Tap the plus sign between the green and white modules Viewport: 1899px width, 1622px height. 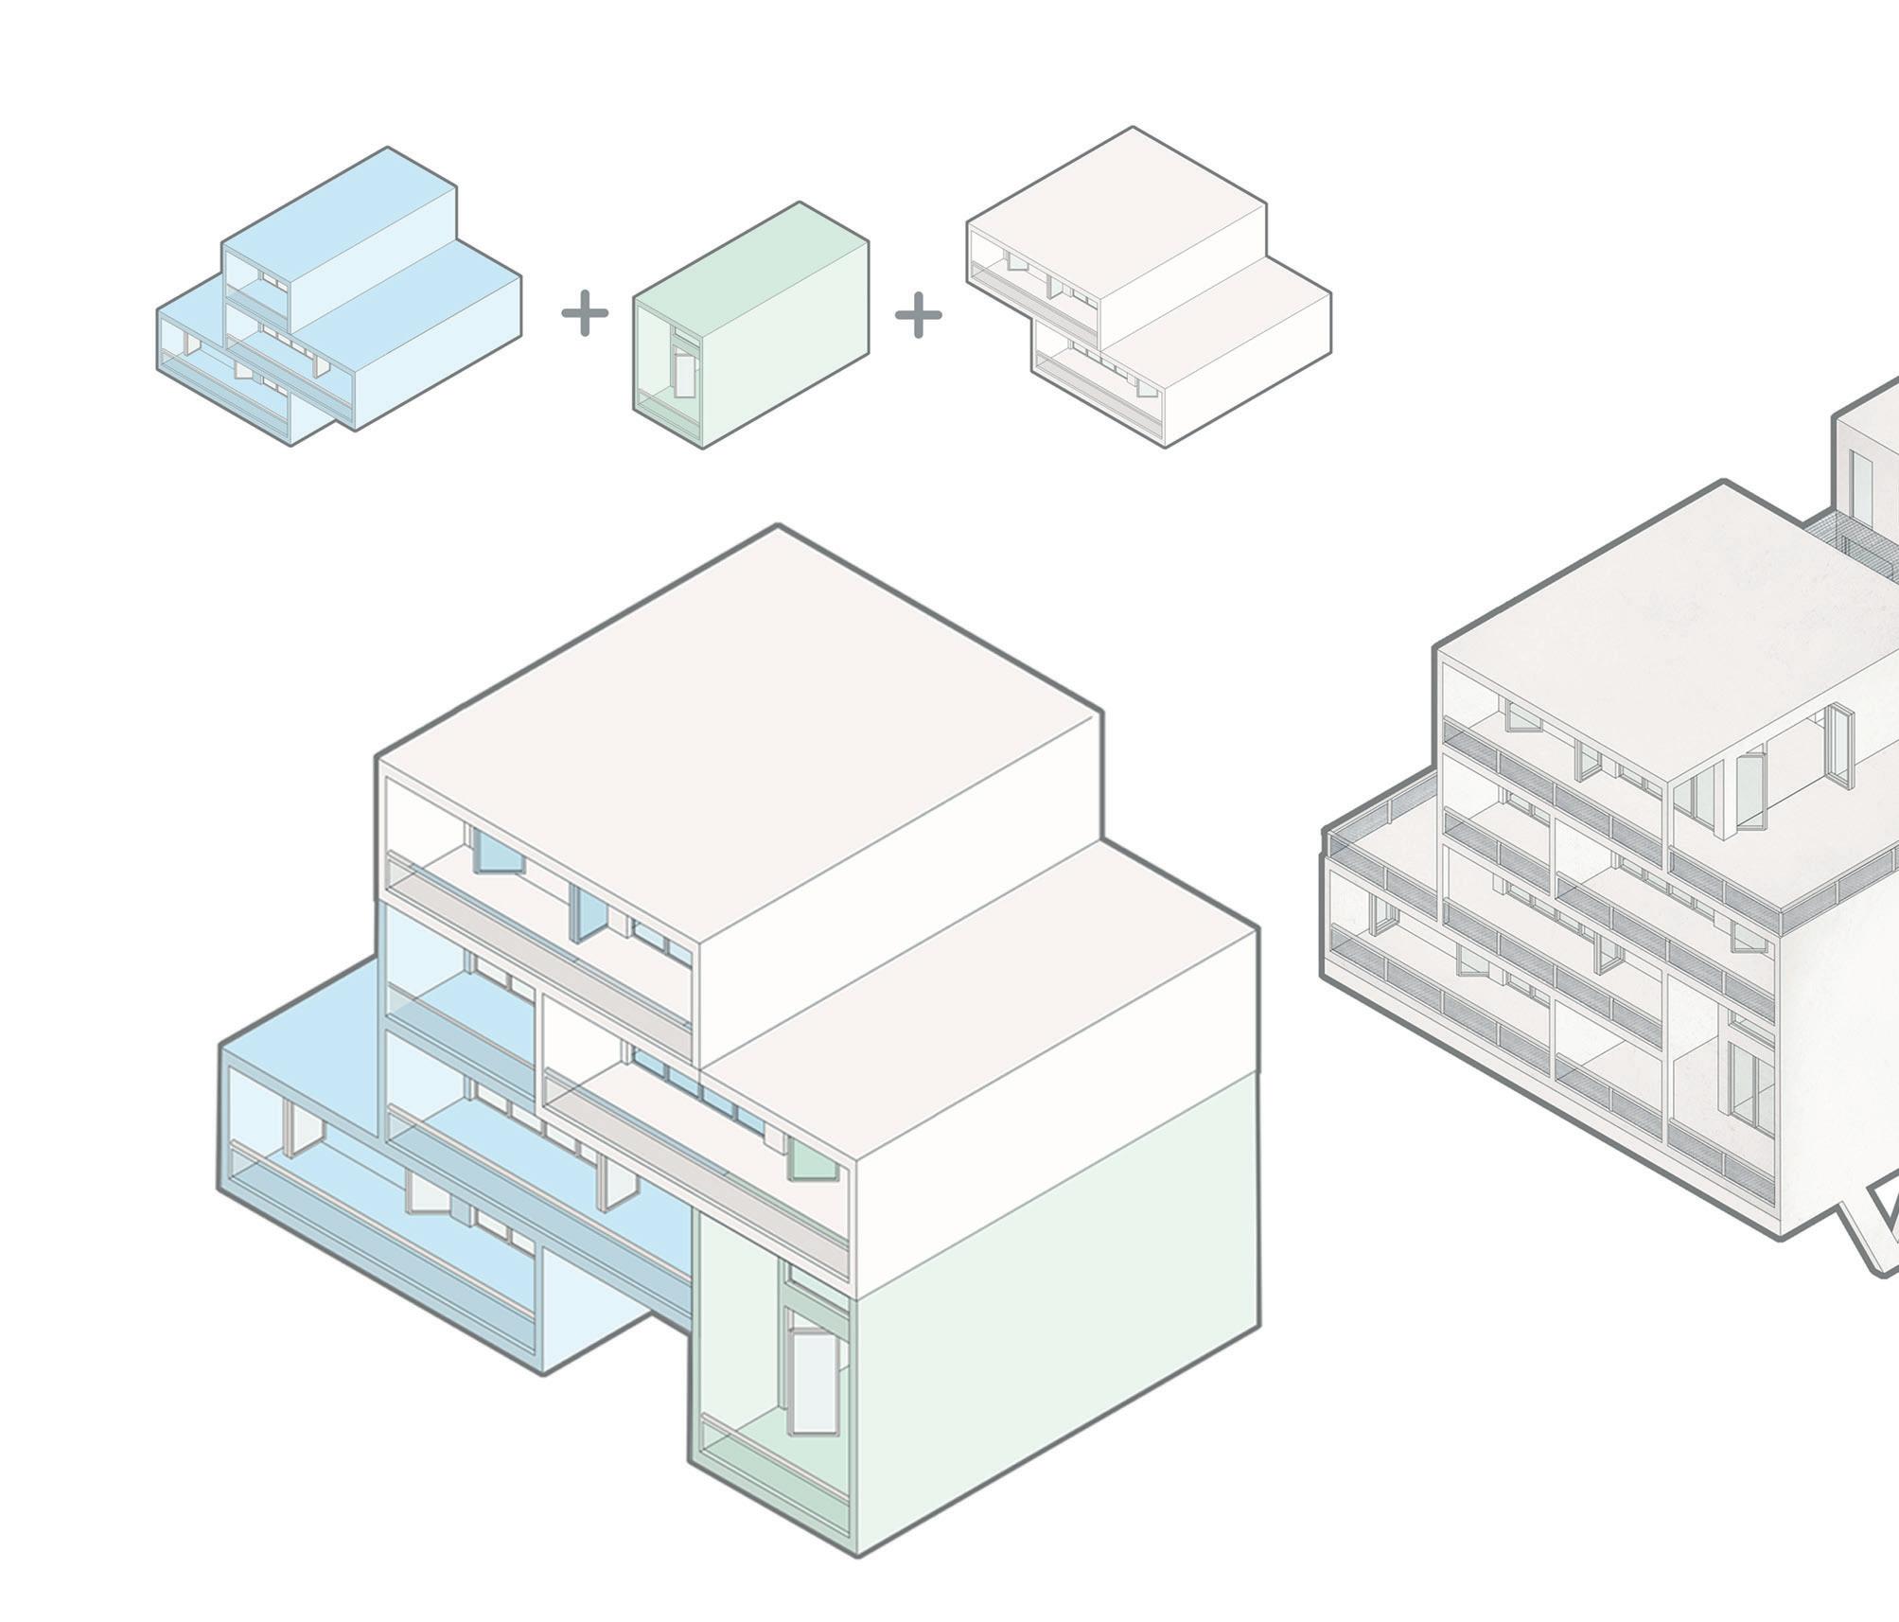coord(918,314)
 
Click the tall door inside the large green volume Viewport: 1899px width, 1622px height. coord(815,1381)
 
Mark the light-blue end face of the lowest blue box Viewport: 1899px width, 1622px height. coord(615,1315)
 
